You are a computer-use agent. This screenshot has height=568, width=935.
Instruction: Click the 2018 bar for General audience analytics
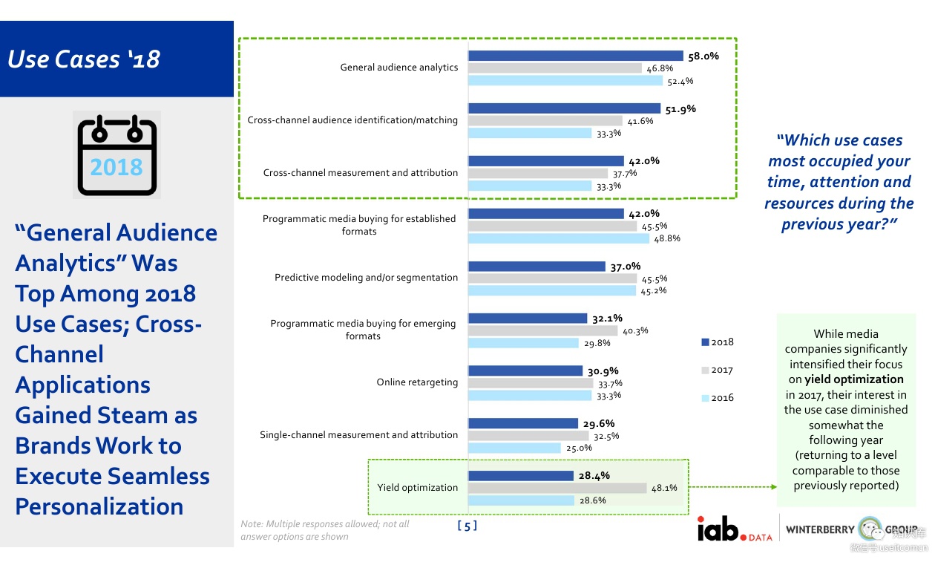coord(575,56)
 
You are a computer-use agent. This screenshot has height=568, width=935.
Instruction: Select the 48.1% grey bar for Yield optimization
coord(557,488)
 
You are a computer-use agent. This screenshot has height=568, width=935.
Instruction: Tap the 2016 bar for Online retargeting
coord(529,396)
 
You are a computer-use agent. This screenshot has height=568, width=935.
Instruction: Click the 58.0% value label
coord(703,56)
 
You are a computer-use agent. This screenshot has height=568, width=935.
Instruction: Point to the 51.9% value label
coord(680,108)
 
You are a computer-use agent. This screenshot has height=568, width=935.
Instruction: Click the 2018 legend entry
coord(718,342)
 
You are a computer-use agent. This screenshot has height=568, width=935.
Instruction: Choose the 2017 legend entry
coord(718,370)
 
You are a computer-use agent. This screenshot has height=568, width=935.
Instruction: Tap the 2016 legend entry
coord(718,398)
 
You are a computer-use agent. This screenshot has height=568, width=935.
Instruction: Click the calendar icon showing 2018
coord(117,154)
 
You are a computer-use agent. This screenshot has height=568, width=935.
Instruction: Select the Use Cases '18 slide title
coord(84,59)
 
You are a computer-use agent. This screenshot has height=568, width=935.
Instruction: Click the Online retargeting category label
coord(417,382)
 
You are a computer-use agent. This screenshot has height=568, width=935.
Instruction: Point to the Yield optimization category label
coord(417,488)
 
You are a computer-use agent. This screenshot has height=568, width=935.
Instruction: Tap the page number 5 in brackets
coord(467,526)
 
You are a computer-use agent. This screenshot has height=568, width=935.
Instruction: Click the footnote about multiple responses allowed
coord(325,530)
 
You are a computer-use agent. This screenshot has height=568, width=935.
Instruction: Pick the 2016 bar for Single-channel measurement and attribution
coord(514,448)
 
